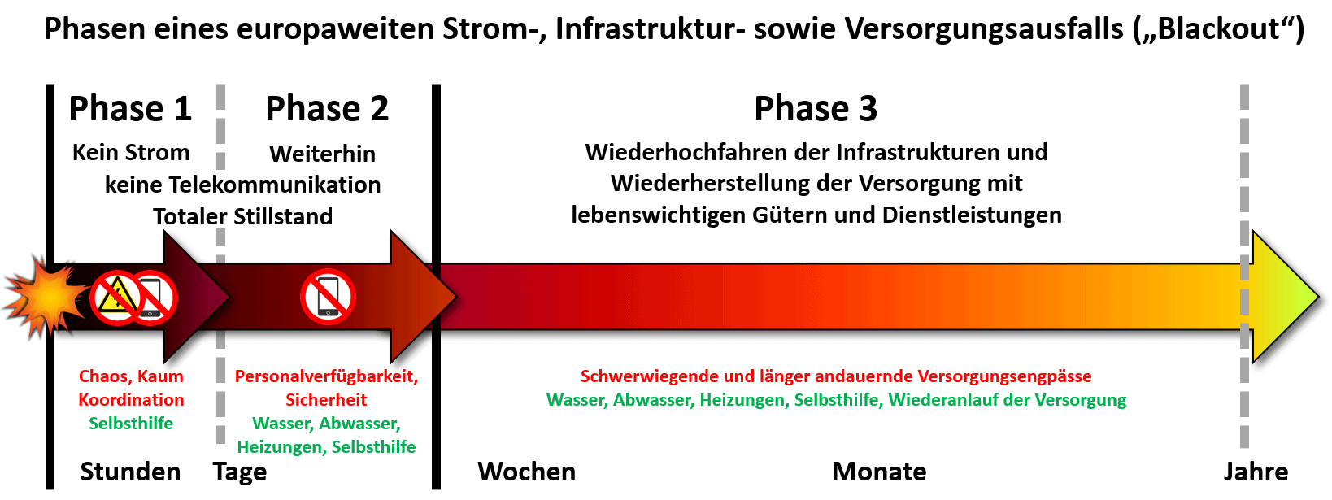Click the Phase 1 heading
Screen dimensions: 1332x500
pyautogui.click(x=130, y=109)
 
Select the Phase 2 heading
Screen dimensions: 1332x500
pyautogui.click(x=327, y=109)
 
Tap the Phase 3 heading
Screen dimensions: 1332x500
pyautogui.click(x=816, y=109)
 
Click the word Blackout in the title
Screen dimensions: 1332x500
pyautogui.click(x=1218, y=28)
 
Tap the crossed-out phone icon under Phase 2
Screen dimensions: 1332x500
pyautogui.click(x=329, y=298)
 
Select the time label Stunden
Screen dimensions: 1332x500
pyautogui.click(x=130, y=472)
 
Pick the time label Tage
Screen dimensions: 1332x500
pyautogui.click(x=240, y=472)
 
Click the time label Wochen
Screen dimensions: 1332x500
pyautogui.click(x=527, y=472)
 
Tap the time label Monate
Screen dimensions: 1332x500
pyautogui.click(x=879, y=472)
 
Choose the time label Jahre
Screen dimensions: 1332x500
pyautogui.click(x=1256, y=472)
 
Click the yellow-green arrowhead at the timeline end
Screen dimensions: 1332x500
pyautogui.click(x=1285, y=296)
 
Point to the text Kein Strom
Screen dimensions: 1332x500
pyautogui.click(x=131, y=152)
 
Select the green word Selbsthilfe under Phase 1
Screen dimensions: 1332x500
pyautogui.click(x=131, y=424)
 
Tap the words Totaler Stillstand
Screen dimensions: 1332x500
pyautogui.click(x=242, y=216)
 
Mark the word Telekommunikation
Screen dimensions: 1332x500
pyautogui.click(x=275, y=185)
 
